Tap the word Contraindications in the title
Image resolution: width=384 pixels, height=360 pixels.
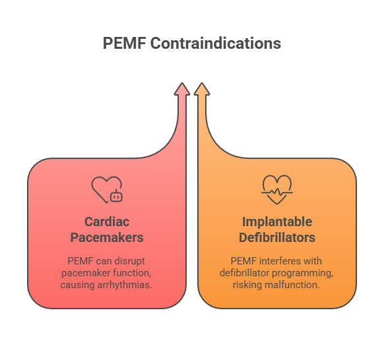click(216, 44)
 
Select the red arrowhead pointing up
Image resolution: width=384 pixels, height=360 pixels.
click(183, 90)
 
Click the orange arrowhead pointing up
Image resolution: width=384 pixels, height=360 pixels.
click(202, 90)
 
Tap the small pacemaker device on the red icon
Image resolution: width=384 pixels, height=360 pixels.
click(117, 195)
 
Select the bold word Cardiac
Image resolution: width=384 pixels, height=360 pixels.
click(106, 222)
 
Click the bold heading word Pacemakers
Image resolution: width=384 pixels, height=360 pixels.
click(106, 237)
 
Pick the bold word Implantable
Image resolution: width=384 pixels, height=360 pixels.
click(277, 222)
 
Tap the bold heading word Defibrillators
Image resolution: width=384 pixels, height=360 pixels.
click(277, 237)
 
